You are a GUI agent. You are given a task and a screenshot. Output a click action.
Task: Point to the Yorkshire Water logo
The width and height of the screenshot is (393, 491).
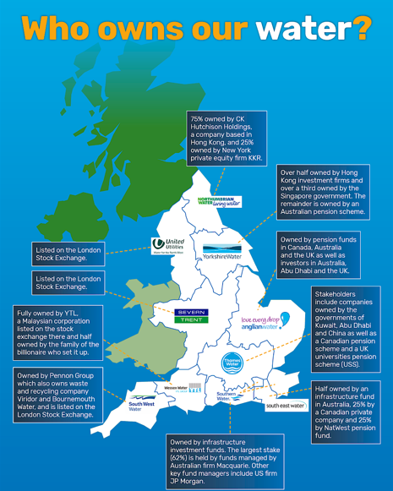pos(226,252)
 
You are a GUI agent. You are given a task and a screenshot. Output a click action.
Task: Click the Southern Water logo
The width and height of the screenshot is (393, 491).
pos(227,396)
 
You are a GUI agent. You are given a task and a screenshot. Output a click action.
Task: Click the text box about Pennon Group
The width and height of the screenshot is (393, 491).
pos(57,395)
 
